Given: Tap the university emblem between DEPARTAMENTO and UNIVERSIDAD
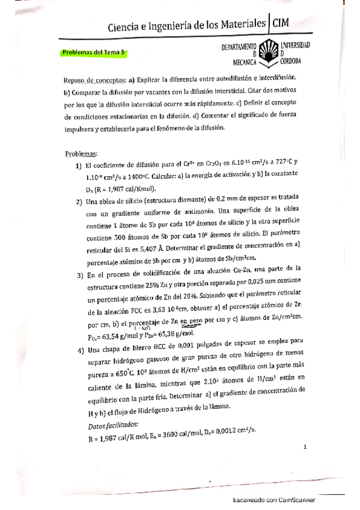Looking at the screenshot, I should click(x=269, y=53).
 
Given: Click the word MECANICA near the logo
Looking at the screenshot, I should click(x=245, y=61).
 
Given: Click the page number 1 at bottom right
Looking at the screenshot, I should click(x=305, y=447).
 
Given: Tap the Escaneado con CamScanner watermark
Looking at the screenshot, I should click(x=273, y=500).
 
